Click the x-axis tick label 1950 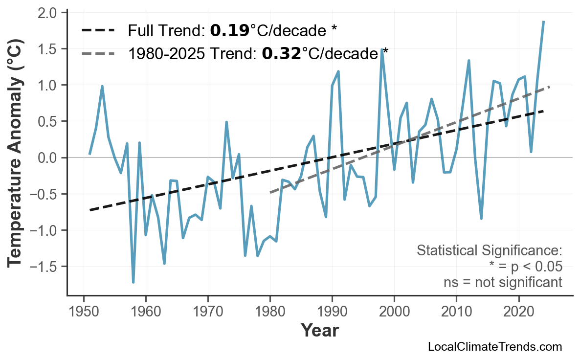[x=84, y=312]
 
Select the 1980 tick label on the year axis [x=270, y=312]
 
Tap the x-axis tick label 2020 [x=518, y=312]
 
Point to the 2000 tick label [x=394, y=312]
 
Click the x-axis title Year [x=319, y=331]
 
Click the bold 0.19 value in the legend [x=229, y=31]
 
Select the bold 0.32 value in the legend [x=281, y=53]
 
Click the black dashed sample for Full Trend [x=98, y=31]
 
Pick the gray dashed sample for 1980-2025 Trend [x=98, y=53]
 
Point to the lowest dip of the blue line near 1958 [x=133, y=282]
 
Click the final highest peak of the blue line [x=543, y=22]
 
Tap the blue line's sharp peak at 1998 [x=381, y=50]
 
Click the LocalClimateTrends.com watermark [x=494, y=347]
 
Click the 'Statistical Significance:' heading [x=489, y=251]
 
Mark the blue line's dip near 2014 [x=481, y=219]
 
